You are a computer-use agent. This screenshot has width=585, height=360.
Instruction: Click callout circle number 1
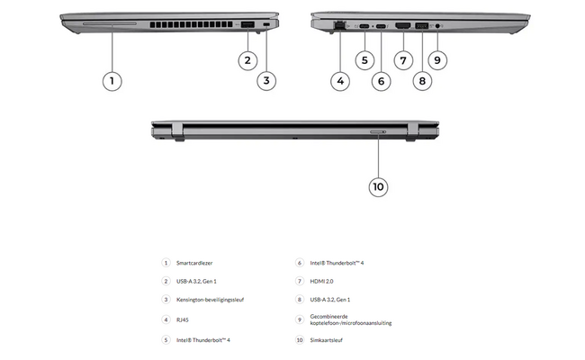point(112,81)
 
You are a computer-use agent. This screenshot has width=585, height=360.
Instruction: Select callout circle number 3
point(266,81)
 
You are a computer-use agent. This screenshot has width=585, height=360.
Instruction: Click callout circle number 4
point(339,81)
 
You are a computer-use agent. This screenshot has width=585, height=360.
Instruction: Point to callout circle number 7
point(402,61)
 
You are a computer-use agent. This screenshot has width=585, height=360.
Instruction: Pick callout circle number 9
point(437,61)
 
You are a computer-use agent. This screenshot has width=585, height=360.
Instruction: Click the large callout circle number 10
point(378,186)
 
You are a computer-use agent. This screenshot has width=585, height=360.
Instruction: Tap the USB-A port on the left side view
point(247,24)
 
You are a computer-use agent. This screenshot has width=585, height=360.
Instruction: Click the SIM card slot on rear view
point(378,131)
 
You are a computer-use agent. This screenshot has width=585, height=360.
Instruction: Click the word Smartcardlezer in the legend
point(195,263)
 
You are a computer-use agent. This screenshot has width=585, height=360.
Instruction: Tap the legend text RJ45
point(183,319)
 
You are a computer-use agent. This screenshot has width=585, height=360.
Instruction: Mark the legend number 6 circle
point(299,263)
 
